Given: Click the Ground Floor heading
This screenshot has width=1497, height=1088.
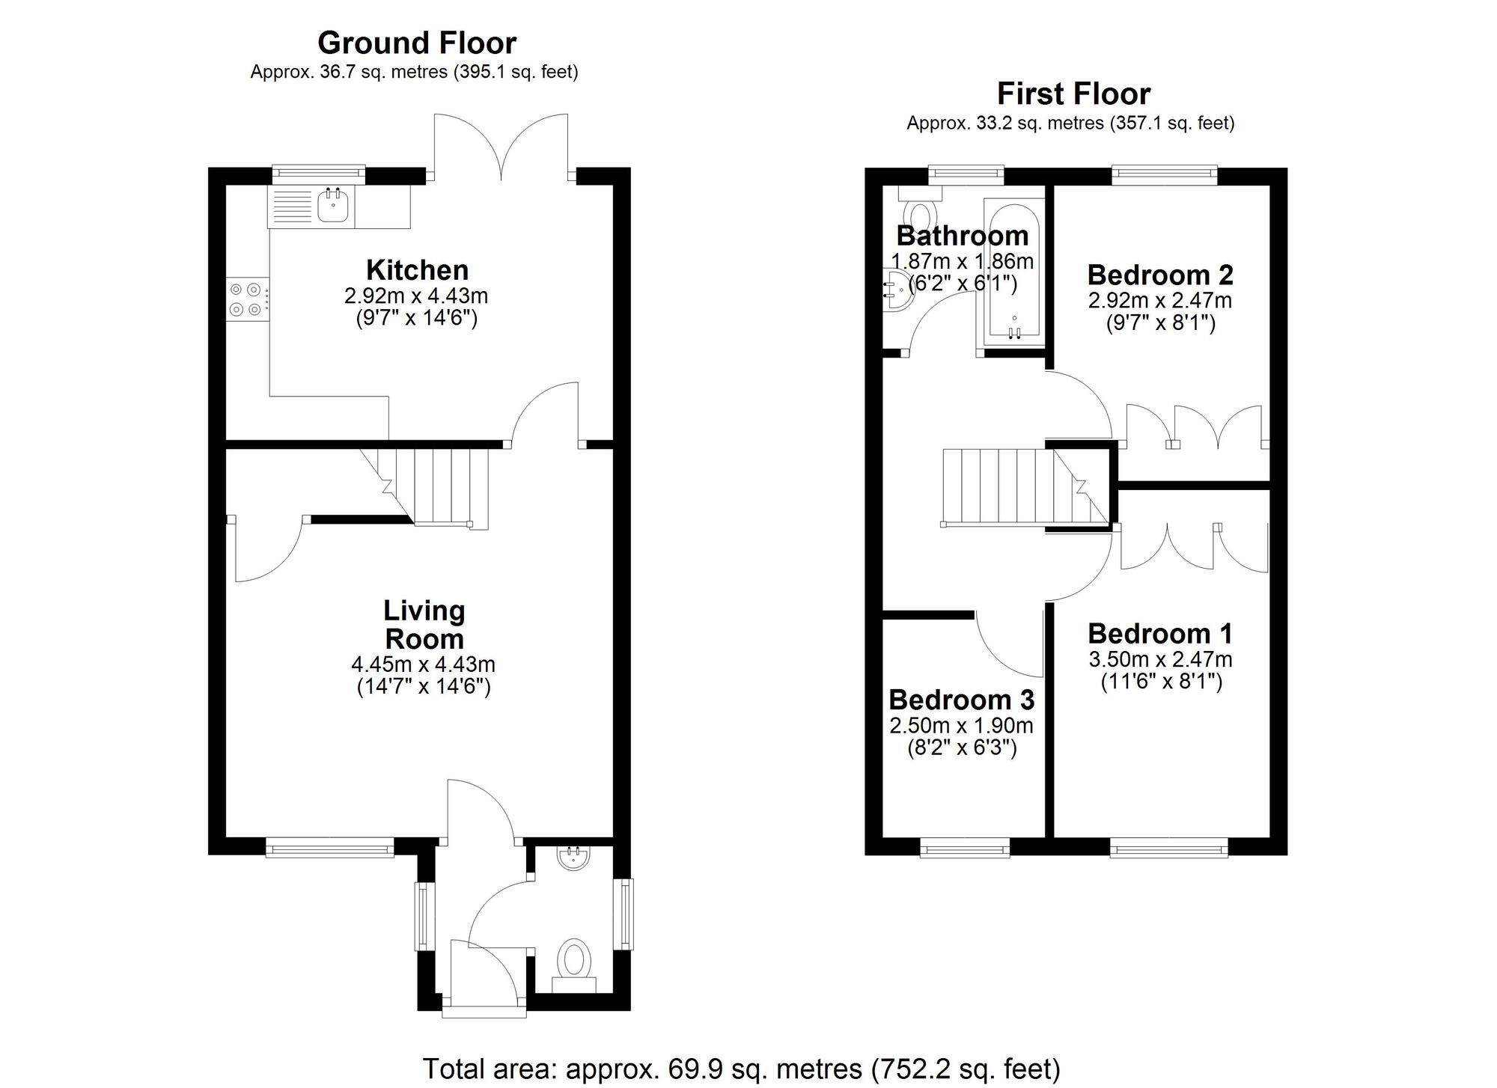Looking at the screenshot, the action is [417, 43].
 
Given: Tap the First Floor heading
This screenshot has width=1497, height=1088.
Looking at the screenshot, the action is [1073, 94].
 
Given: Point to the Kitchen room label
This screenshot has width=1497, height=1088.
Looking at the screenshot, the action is [417, 269].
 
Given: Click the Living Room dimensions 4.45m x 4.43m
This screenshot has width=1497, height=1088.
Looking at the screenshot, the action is [423, 664].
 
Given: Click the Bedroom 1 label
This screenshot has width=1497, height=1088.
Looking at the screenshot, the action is [1160, 634].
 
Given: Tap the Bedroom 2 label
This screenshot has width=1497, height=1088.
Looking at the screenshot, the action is [1160, 275].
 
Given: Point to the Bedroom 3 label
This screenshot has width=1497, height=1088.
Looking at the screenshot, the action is [962, 700].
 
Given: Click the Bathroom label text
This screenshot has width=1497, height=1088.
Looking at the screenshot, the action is [963, 236].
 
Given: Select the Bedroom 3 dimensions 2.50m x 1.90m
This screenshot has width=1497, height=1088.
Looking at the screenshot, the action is [962, 725].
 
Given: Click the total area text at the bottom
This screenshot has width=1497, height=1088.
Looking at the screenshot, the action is [742, 1069].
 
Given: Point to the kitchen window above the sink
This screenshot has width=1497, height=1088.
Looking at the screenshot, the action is [318, 174].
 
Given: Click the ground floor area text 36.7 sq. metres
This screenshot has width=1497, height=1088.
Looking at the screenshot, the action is [414, 72].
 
